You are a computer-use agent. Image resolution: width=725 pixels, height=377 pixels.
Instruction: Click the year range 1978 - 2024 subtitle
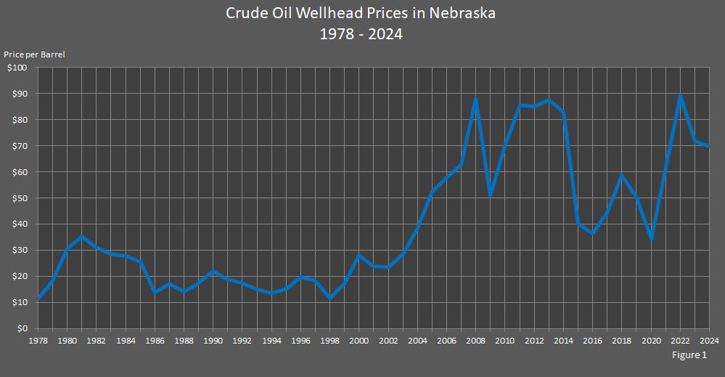[361, 34]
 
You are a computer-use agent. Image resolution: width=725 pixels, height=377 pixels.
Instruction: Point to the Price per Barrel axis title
[34, 54]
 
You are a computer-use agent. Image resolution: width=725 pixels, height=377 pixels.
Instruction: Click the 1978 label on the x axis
[38, 340]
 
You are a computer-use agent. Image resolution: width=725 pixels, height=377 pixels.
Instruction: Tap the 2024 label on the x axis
[709, 340]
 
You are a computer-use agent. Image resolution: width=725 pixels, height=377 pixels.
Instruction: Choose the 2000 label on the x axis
[359, 340]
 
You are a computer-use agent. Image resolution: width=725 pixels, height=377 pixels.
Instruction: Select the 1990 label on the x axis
[213, 340]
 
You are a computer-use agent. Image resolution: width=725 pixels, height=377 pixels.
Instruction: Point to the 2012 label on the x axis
[534, 340]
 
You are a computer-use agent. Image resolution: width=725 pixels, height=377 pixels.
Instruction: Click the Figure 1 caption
[689, 355]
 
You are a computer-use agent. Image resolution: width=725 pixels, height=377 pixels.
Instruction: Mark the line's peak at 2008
[475, 98]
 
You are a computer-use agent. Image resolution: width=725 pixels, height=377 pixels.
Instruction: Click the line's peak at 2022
[680, 96]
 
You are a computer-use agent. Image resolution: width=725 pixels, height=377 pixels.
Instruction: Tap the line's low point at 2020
[651, 238]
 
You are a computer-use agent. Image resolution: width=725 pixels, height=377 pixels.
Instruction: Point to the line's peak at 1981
[82, 236]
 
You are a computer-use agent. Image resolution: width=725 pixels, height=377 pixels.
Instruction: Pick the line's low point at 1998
[330, 298]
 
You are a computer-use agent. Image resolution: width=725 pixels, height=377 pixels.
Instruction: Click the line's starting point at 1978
[38, 299]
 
